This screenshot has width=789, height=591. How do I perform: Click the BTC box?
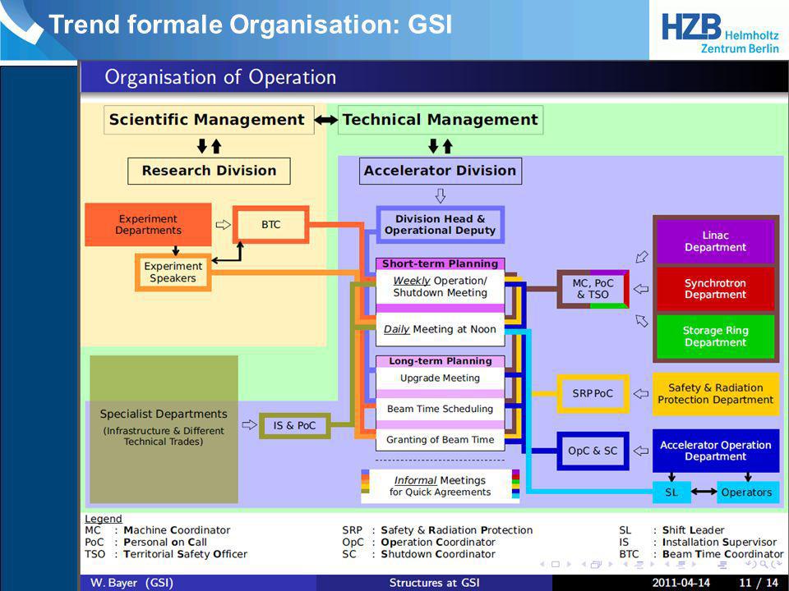click(270, 225)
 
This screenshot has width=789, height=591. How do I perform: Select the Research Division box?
click(209, 171)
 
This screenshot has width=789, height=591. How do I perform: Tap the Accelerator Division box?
click(440, 171)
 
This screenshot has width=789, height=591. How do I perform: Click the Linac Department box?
click(715, 241)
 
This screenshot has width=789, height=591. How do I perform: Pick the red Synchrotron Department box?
click(715, 289)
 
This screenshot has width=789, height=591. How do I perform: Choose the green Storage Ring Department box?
click(715, 337)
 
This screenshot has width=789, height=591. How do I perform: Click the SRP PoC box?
click(593, 393)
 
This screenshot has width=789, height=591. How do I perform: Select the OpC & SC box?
click(593, 451)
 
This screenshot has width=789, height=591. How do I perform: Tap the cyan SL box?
click(671, 492)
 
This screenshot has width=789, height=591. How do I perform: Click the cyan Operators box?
click(747, 492)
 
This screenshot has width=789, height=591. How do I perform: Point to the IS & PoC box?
click(294, 426)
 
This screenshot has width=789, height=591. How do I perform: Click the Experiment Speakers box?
click(173, 273)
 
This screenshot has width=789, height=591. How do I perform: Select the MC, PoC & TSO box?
click(593, 289)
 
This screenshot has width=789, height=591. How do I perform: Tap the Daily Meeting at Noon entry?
click(440, 330)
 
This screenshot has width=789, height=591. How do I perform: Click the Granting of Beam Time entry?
click(440, 440)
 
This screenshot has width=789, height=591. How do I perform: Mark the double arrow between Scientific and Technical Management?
click(326, 120)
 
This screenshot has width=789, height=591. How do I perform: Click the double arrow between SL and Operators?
click(704, 492)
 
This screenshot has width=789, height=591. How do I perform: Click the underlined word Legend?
click(104, 519)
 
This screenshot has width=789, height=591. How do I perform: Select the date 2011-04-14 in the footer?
click(681, 583)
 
